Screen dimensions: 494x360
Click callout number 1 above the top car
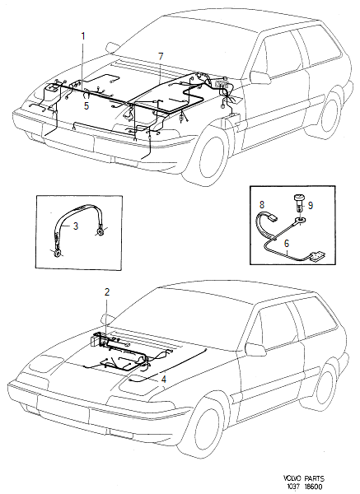83,36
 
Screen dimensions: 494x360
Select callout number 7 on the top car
161,55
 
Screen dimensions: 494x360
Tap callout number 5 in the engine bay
86,105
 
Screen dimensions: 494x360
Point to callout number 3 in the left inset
77,225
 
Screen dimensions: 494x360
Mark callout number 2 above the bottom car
105,291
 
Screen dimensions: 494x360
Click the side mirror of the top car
259,77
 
